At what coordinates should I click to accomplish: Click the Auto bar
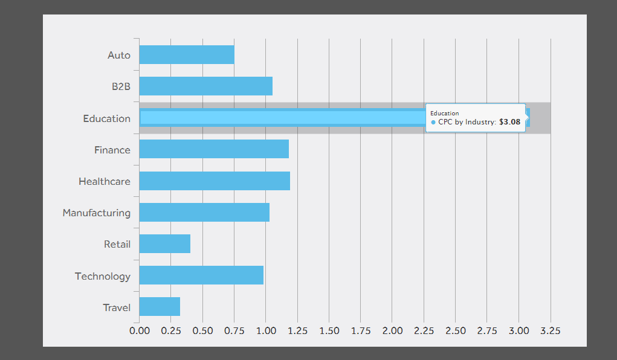(x=186, y=55)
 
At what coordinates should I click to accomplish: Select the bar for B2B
(x=205, y=86)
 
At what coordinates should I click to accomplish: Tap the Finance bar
(x=214, y=149)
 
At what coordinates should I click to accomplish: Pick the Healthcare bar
(x=215, y=181)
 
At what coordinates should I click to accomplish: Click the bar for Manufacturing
(x=204, y=213)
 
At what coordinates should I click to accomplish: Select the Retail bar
(x=164, y=244)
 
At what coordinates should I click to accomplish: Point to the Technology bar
(x=201, y=275)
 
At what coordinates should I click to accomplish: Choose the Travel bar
(x=160, y=307)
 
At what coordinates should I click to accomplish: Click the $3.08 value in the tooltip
(x=509, y=122)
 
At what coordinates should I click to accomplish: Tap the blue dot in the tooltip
(x=433, y=122)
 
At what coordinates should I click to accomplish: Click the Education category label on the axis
(x=106, y=118)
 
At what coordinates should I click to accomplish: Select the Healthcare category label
(x=104, y=181)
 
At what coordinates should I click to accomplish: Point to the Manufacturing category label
(x=96, y=213)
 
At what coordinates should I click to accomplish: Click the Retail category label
(x=117, y=244)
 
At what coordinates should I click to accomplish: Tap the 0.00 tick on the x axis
(x=140, y=330)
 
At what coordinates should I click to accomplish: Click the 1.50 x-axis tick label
(x=329, y=330)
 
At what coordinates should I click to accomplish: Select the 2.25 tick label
(x=424, y=330)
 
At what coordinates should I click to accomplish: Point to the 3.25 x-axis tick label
(x=551, y=330)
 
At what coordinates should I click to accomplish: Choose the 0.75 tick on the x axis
(x=234, y=330)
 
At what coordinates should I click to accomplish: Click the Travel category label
(x=117, y=307)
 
